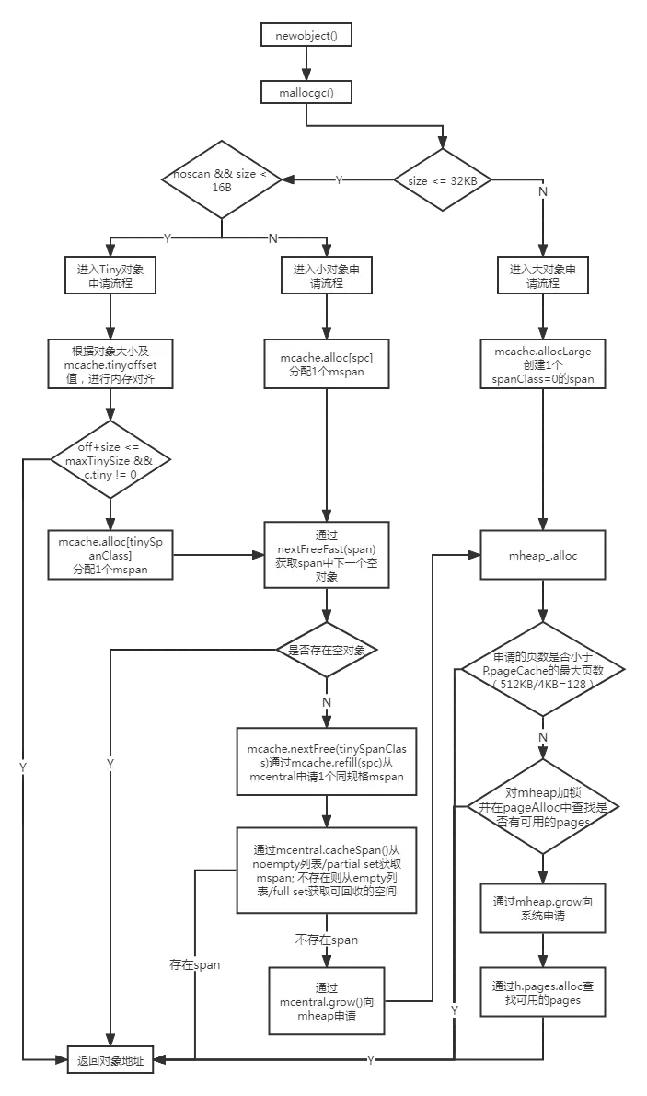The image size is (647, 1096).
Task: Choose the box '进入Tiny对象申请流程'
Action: (x=110, y=275)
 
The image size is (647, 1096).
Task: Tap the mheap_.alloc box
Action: (x=543, y=556)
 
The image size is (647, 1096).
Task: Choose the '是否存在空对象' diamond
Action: (x=326, y=650)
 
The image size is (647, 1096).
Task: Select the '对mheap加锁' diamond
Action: (x=543, y=807)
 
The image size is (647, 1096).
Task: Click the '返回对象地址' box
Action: (x=110, y=1060)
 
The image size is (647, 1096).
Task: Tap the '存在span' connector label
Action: (x=193, y=964)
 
